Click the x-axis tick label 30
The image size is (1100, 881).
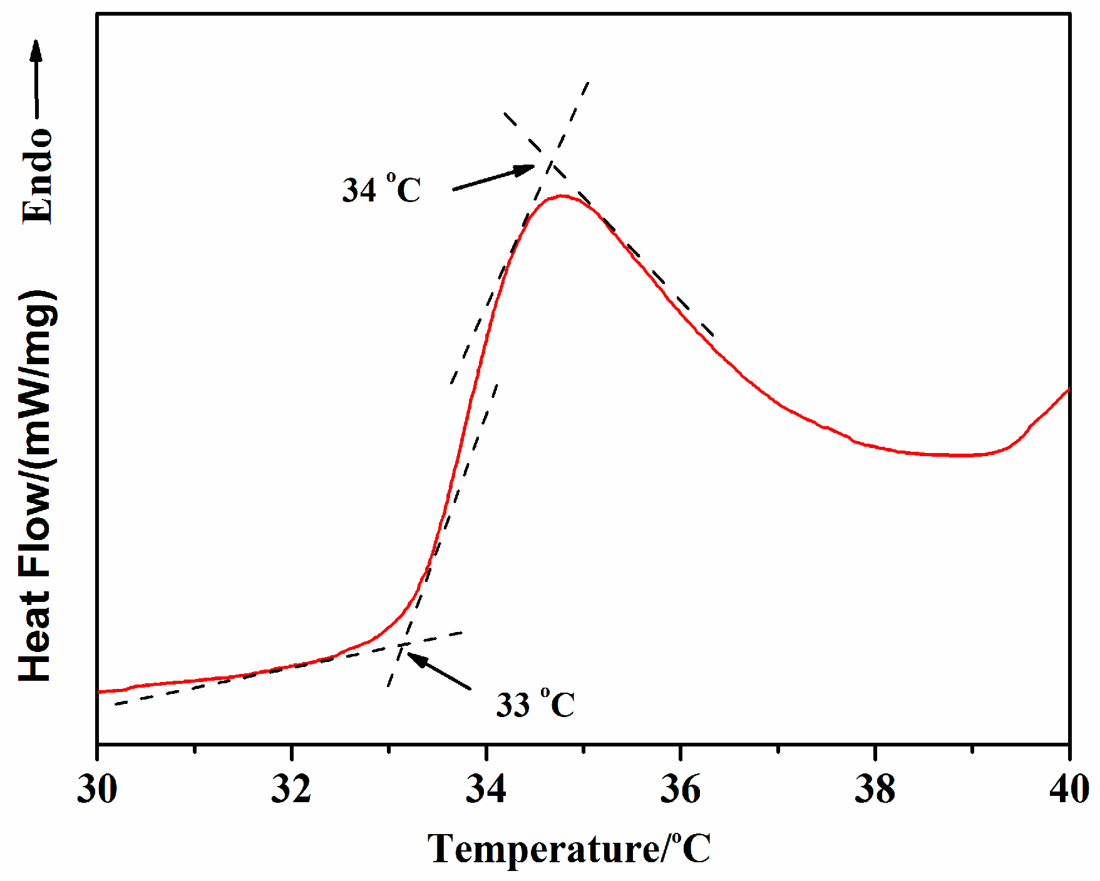pyautogui.click(x=97, y=790)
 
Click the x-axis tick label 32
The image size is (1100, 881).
pyautogui.click(x=291, y=790)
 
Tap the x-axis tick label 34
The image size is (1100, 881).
pyautogui.click(x=486, y=790)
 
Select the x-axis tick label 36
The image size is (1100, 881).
pyautogui.click(x=680, y=790)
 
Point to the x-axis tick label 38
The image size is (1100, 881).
pyautogui.click(x=875, y=790)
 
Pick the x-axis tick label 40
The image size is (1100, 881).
pyautogui.click(x=1069, y=790)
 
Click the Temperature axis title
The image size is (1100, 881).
pyautogui.click(x=569, y=849)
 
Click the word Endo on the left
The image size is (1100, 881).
pyautogui.click(x=38, y=176)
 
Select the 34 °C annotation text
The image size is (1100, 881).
pyautogui.click(x=381, y=190)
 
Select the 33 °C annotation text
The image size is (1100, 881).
pyautogui.click(x=535, y=705)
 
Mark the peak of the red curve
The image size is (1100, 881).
pyautogui.click(x=562, y=196)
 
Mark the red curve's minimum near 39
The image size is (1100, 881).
pyautogui.click(x=958, y=455)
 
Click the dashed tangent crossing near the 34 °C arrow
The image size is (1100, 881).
pyautogui.click(x=550, y=160)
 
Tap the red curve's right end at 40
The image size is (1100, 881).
pyautogui.click(x=1067, y=390)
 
